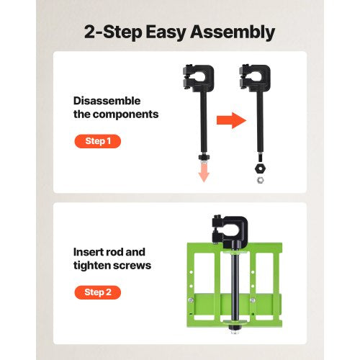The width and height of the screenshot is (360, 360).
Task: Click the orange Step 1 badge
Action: tap(97, 141)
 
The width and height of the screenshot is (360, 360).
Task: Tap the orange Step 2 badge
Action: tap(97, 292)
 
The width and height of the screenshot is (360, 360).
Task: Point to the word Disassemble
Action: tap(107, 101)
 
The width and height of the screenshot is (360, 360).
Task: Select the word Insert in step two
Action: tap(89, 253)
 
